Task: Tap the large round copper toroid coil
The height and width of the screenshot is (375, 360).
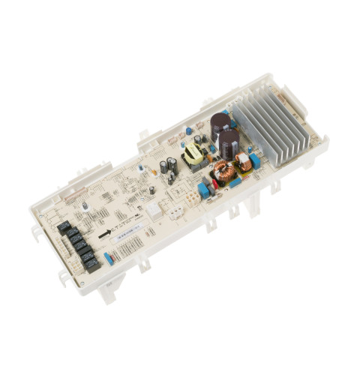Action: (x=223, y=172)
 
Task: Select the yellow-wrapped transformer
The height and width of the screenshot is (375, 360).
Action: (x=196, y=155)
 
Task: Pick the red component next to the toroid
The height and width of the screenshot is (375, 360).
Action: (x=214, y=186)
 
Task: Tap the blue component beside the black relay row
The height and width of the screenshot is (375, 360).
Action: (x=109, y=259)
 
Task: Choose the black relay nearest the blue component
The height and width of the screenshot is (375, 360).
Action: (x=92, y=263)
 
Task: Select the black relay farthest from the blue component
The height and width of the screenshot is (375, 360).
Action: (x=64, y=226)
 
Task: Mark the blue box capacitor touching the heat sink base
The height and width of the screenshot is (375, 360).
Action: (x=255, y=160)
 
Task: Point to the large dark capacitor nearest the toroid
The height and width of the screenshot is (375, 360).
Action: (x=229, y=140)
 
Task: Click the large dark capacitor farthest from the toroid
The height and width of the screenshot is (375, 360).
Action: (x=220, y=123)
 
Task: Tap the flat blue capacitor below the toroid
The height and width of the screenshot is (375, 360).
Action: (x=235, y=183)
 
